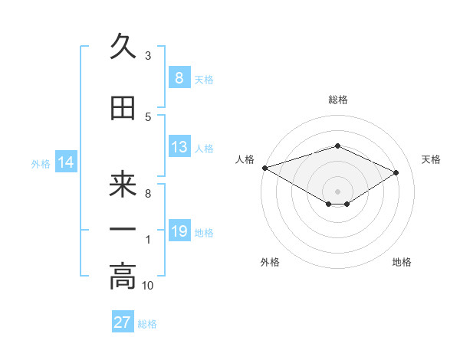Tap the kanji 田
point(123,109)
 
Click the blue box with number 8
point(179,78)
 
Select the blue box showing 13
point(179,148)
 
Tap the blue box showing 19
point(179,232)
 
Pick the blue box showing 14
point(64,163)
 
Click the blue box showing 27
point(122,322)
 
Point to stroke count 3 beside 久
point(148,56)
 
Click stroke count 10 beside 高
point(148,286)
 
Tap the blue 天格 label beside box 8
point(204,79)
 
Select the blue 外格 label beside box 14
point(41,164)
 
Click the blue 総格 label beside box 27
point(147,323)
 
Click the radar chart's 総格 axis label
point(337,100)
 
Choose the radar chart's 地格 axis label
point(402,263)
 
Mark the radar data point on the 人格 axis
point(264,168)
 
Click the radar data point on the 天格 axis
point(396,172)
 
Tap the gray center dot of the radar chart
point(337,191)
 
